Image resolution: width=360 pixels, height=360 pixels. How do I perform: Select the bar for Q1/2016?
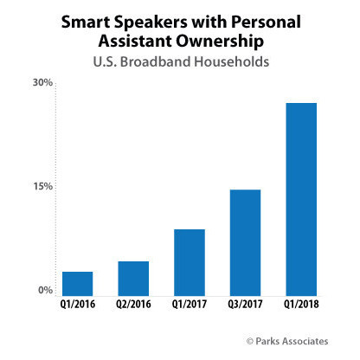pyautogui.click(x=78, y=284)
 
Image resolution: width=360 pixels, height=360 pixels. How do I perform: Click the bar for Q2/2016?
pyautogui.click(x=133, y=279)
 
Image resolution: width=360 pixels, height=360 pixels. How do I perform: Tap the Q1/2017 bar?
pyautogui.click(x=190, y=262)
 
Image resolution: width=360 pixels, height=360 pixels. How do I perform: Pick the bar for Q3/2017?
pyautogui.click(x=245, y=242)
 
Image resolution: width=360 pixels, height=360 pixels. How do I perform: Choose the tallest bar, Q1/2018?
pyautogui.click(x=301, y=199)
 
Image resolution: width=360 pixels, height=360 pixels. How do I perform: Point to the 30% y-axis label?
pyautogui.click(x=42, y=82)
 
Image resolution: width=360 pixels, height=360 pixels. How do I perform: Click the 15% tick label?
pyautogui.click(x=42, y=187)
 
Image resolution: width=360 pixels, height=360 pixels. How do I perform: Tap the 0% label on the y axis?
pyautogui.click(x=45, y=290)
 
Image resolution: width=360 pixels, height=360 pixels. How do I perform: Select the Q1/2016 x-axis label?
pyautogui.click(x=78, y=305)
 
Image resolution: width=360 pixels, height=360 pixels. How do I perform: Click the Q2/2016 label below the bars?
pyautogui.click(x=133, y=305)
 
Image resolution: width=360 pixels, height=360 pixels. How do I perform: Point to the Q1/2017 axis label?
pyautogui.click(x=190, y=305)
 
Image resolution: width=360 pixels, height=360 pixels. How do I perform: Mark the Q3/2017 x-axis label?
pyautogui.click(x=245, y=305)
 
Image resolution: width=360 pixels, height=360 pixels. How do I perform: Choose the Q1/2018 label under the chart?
pyautogui.click(x=301, y=305)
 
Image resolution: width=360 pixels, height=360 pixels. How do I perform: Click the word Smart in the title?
pyautogui.click(x=86, y=22)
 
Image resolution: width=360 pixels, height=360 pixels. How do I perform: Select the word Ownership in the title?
pyautogui.click(x=220, y=42)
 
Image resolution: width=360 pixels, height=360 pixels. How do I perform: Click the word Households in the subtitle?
pyautogui.click(x=231, y=61)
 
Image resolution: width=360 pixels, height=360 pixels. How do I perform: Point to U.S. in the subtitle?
pyautogui.click(x=105, y=61)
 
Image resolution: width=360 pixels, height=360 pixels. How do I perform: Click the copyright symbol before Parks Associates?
pyautogui.click(x=250, y=341)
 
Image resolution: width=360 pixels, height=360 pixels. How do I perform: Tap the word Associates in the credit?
pyautogui.click(x=305, y=341)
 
